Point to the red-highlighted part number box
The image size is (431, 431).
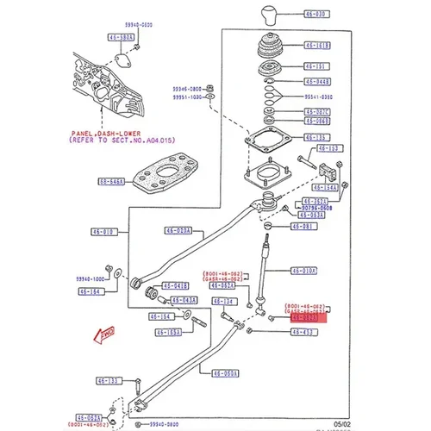pyautogui.click(x=307, y=318)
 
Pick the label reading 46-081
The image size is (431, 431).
pyautogui.click(x=301, y=227)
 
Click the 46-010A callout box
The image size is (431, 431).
pyautogui.click(x=303, y=270)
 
